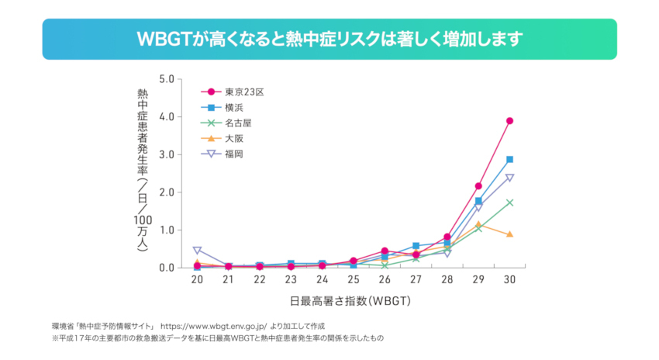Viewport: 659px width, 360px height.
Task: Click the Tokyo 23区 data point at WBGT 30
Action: coord(509,121)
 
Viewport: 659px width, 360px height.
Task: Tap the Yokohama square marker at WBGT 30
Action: coord(509,159)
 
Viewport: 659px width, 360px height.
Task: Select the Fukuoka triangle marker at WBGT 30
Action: coord(509,178)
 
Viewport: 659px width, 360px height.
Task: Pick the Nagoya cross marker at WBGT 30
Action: coord(509,202)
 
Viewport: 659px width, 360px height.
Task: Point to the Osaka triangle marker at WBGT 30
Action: coord(509,234)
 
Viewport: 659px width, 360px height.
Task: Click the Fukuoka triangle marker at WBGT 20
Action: coord(197,251)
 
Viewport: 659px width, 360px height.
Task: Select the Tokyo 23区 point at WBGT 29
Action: coord(478,186)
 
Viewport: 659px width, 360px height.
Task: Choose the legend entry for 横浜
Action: coord(233,106)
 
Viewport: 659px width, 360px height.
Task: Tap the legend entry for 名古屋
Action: coord(237,122)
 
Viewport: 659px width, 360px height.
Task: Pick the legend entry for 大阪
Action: coord(233,137)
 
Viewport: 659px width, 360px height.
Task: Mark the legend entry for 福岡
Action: coord(233,154)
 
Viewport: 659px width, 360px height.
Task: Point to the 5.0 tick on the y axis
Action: coord(167,79)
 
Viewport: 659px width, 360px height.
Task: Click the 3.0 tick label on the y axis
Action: coord(167,154)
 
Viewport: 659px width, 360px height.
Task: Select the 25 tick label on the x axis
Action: coord(353,279)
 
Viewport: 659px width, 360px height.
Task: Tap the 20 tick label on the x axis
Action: coord(197,279)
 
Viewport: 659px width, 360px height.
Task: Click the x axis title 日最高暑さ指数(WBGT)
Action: coord(352,300)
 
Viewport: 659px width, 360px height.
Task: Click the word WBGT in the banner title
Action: coord(160,39)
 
